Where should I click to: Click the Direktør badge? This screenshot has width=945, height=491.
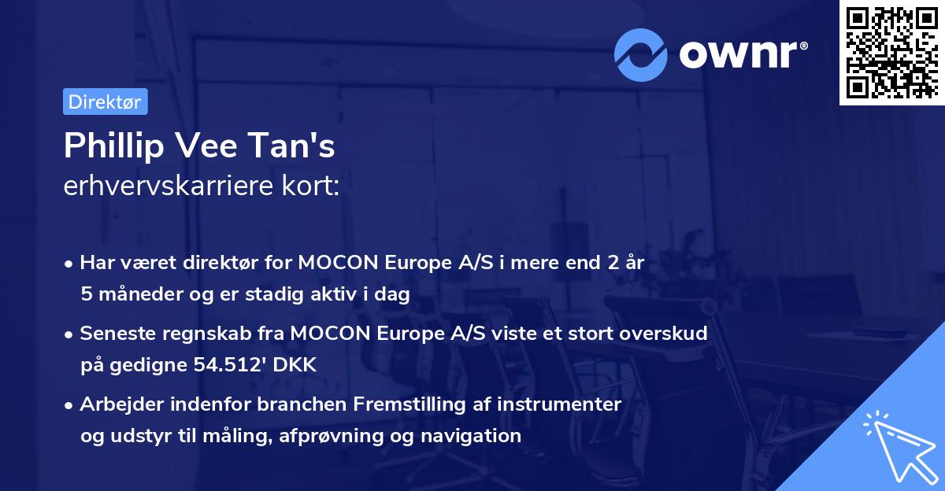(x=105, y=102)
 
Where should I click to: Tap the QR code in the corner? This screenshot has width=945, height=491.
(x=891, y=52)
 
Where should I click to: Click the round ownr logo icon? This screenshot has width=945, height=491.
(x=641, y=55)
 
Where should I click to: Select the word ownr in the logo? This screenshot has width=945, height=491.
(x=741, y=54)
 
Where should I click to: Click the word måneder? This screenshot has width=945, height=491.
(x=137, y=293)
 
